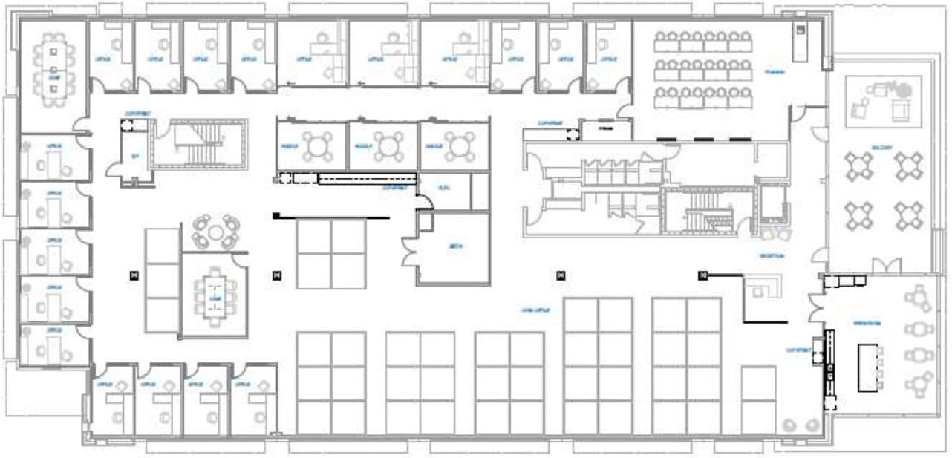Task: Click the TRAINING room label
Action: pos(776,73)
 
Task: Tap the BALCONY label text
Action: pos(882,147)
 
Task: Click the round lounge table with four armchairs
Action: pos(215,232)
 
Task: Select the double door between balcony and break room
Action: pos(887,266)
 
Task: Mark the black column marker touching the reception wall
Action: pos(702,276)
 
